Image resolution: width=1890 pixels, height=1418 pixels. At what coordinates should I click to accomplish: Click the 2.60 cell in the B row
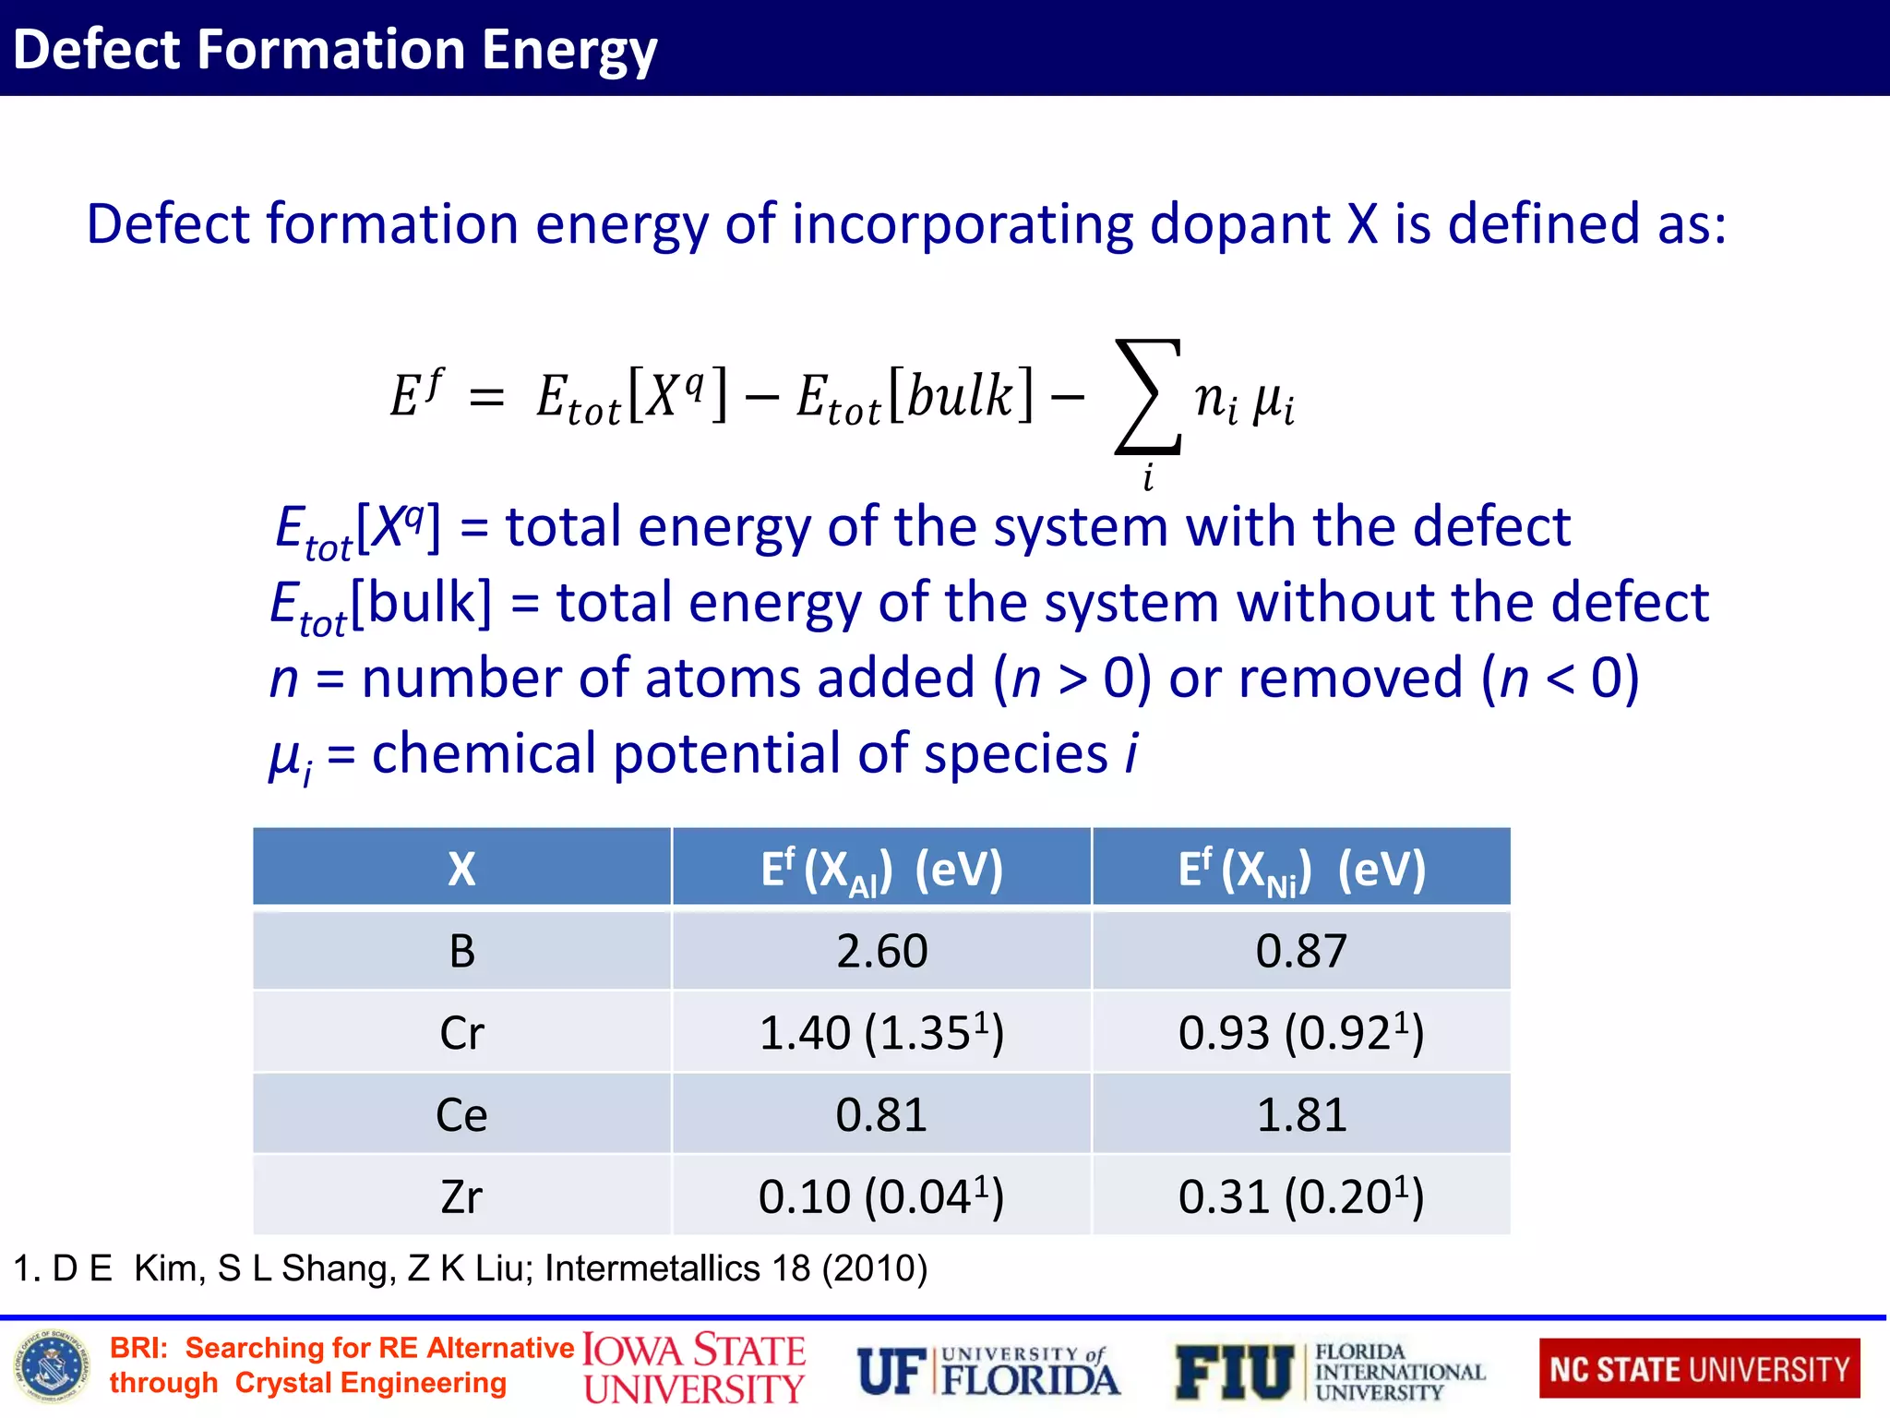tap(881, 951)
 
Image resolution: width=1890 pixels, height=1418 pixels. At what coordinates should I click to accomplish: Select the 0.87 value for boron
tap(1301, 951)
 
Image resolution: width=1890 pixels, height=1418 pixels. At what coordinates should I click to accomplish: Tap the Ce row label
tap(461, 1115)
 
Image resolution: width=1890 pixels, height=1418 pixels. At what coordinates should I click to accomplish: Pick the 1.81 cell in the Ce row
tap(1301, 1115)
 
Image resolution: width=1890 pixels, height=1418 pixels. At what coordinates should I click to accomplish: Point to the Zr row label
tap(461, 1197)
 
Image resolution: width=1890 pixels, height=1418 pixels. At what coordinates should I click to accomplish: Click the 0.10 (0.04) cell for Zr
tap(881, 1197)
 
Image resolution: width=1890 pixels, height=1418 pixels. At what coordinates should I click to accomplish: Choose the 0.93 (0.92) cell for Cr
tap(1301, 1033)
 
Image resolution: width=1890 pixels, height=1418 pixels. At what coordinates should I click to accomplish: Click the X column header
tap(461, 869)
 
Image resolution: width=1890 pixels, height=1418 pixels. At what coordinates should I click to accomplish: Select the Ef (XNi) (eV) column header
tap(1301, 869)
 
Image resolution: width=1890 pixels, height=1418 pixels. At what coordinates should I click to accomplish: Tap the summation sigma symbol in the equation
tap(1148, 397)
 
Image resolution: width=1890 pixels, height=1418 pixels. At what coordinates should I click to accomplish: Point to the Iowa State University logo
tap(694, 1369)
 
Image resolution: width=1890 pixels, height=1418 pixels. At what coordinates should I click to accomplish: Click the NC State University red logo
tap(1699, 1369)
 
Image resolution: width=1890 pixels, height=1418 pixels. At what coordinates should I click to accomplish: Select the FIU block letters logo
tap(1234, 1372)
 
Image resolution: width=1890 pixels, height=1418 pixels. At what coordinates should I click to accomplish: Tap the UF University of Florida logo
tap(987, 1372)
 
